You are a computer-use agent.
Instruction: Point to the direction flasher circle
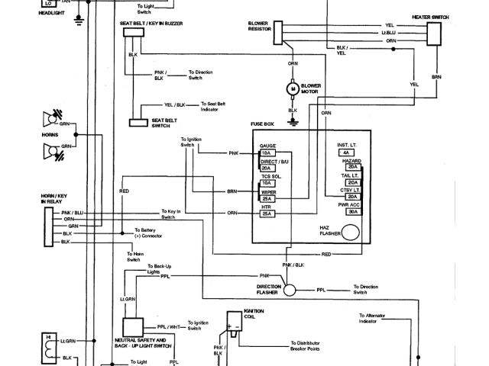290,290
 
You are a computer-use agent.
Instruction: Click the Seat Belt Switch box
138,122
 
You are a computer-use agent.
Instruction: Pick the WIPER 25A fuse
267,198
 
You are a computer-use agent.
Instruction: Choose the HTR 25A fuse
267,213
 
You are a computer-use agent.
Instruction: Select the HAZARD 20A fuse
352,165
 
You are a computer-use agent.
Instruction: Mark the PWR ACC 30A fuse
352,211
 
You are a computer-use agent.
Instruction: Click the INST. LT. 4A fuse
352,151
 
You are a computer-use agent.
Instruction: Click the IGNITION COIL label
253,313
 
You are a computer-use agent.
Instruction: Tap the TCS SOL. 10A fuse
267,183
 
